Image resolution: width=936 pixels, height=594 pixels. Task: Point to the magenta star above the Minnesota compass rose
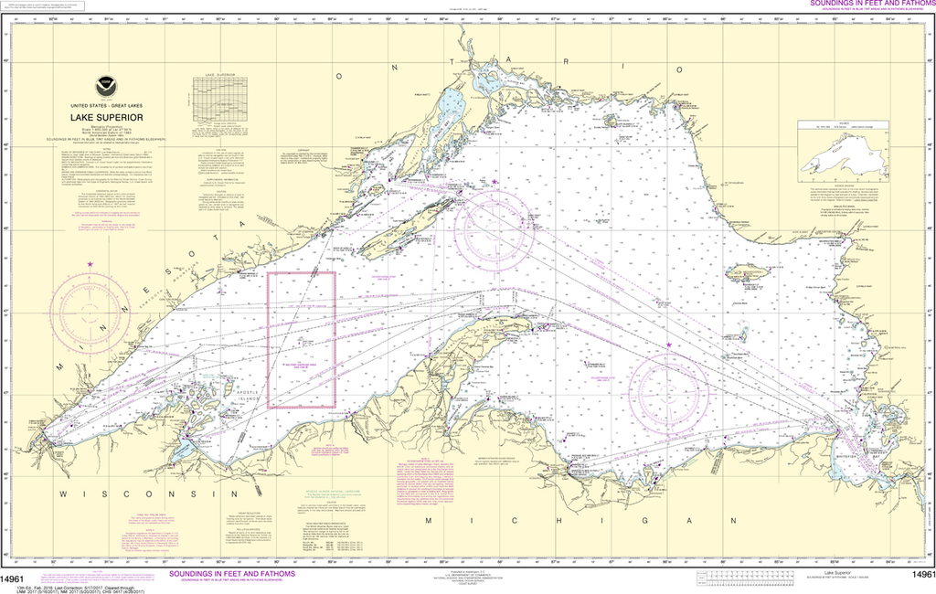pos(90,265)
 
